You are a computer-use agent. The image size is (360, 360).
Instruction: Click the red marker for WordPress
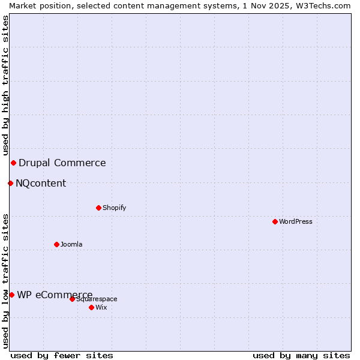click(x=275, y=221)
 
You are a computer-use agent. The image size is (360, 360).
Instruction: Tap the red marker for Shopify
click(x=98, y=208)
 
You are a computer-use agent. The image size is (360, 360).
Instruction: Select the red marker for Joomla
click(x=56, y=244)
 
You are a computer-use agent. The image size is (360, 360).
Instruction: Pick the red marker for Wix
click(x=91, y=307)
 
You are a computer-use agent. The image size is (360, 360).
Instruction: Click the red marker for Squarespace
click(x=72, y=299)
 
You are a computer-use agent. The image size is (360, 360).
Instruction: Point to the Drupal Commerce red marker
click(x=13, y=163)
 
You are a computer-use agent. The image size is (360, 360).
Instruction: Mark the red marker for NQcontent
click(x=10, y=183)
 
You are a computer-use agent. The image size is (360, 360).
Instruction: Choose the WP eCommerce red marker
click(x=11, y=295)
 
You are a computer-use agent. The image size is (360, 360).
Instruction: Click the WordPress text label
click(x=296, y=221)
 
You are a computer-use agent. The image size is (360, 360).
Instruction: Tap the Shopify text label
click(x=115, y=208)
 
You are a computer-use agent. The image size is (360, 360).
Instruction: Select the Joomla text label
click(x=71, y=244)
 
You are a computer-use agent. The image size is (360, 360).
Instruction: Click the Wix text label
click(x=101, y=307)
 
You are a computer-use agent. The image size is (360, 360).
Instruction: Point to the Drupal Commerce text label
click(x=62, y=163)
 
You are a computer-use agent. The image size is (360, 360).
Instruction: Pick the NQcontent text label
click(x=41, y=183)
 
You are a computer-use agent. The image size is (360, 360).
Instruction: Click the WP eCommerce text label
click(x=55, y=295)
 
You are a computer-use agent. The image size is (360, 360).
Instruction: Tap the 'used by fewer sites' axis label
click(x=62, y=355)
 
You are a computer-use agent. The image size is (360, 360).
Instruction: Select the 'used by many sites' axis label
click(x=301, y=355)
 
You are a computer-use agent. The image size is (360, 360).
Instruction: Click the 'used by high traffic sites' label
click(x=5, y=85)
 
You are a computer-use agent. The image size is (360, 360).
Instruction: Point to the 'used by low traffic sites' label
click(x=5, y=280)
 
